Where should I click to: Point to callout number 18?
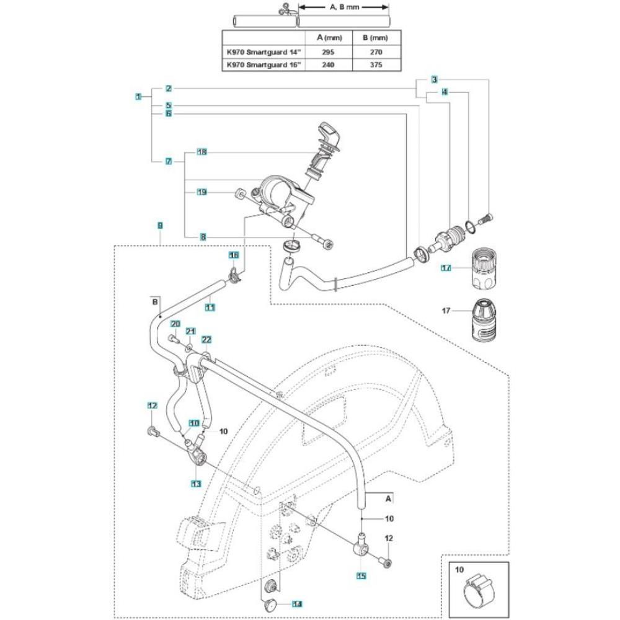[x=201, y=152]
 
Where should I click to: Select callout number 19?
[x=201, y=192]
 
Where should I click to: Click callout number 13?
[x=197, y=484]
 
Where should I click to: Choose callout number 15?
[x=361, y=575]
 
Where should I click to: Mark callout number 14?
[x=297, y=603]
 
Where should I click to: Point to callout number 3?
[x=435, y=79]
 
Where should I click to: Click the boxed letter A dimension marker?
[x=389, y=497]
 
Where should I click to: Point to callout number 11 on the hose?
[x=210, y=307]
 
